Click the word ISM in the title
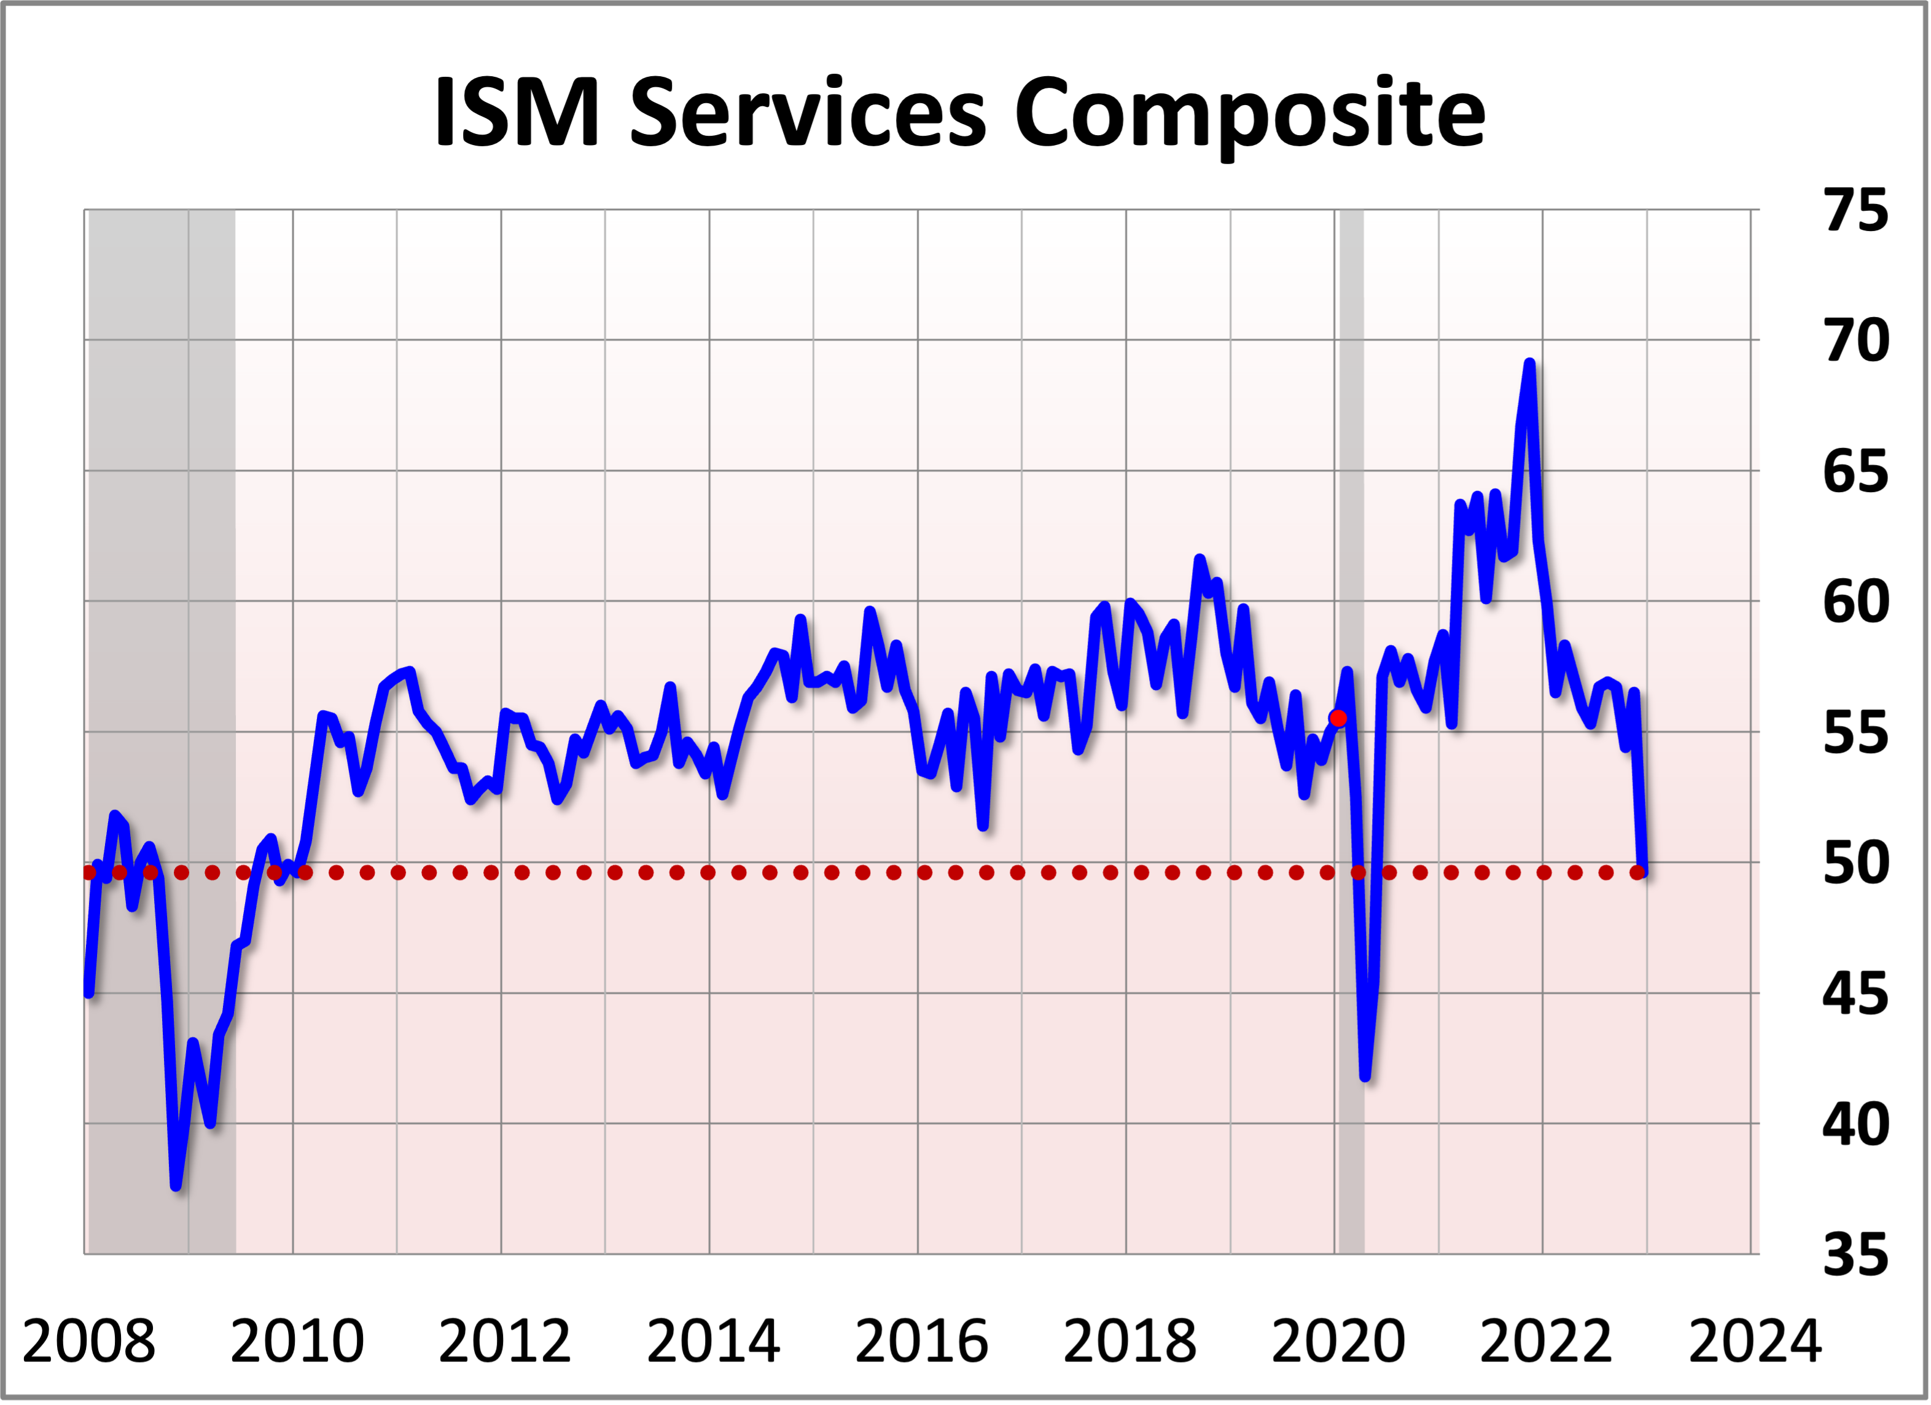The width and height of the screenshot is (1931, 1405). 517,112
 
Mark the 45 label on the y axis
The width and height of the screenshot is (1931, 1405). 1855,994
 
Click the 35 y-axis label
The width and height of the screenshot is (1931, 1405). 1855,1254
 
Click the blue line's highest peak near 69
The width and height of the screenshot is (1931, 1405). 1530,364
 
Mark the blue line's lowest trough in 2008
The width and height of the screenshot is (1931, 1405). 176,1184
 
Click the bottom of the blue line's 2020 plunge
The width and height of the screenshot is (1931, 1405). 1365,1077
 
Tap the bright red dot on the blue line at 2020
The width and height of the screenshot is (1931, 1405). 1338,718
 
